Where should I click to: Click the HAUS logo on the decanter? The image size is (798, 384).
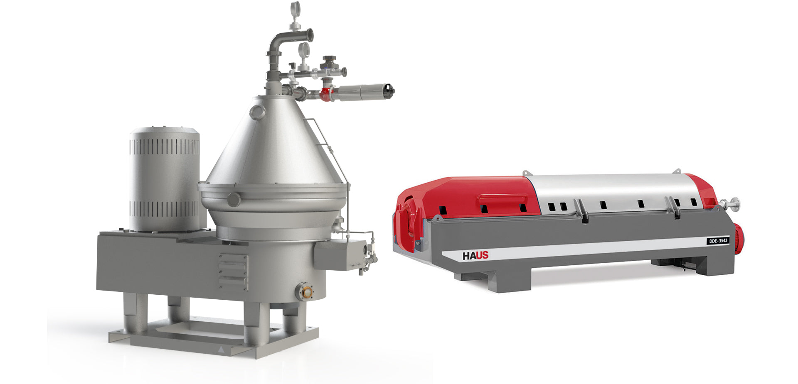pyautogui.click(x=475, y=256)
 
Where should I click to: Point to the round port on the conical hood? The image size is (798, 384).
pyautogui.click(x=257, y=112)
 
